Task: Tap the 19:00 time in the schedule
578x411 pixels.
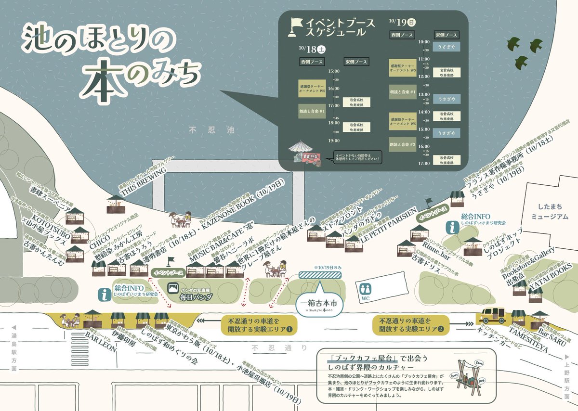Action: pos(333,141)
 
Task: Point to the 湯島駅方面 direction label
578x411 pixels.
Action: pos(13,347)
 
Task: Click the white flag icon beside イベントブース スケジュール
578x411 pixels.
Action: pos(294,27)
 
